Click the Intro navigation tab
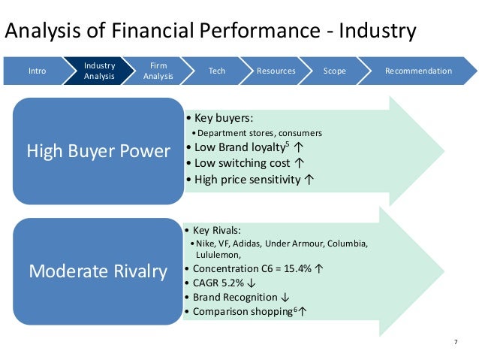[x=37, y=71]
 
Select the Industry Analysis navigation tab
[x=99, y=71]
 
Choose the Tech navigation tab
[x=216, y=71]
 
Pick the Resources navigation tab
[x=276, y=71]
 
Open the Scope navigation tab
[x=334, y=71]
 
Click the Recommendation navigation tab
[x=418, y=71]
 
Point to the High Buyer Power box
[x=98, y=151]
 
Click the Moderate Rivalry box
[x=98, y=271]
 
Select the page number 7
[x=456, y=343]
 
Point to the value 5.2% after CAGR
[x=233, y=283]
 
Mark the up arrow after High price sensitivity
[x=309, y=180]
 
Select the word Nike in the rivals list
[x=205, y=244]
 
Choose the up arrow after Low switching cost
[x=300, y=162]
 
